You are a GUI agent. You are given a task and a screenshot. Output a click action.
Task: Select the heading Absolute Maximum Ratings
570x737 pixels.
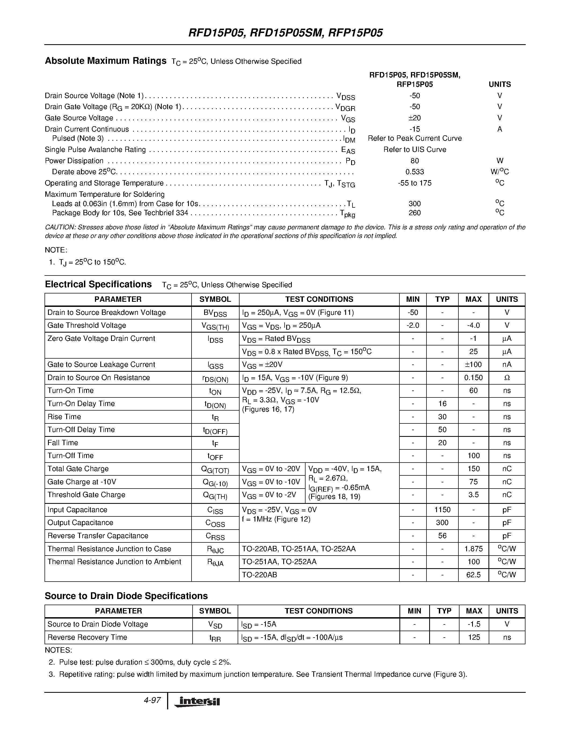[x=105, y=61]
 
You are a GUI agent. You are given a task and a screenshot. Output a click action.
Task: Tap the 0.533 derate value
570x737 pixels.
[x=414, y=172]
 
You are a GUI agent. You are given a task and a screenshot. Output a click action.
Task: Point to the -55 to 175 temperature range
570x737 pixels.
[x=414, y=183]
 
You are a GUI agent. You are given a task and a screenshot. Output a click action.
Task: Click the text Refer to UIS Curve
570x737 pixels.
[x=414, y=150]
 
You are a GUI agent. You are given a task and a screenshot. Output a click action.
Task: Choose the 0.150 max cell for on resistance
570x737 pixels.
[x=473, y=378]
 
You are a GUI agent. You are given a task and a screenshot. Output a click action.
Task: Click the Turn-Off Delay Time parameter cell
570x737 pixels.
[x=81, y=430]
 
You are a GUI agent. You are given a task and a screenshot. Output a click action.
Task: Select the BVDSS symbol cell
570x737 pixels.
[x=215, y=313]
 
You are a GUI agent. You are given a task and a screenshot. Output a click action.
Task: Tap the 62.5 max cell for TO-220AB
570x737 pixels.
[x=473, y=575]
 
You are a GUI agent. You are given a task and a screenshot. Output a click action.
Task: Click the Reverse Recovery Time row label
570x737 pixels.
[x=87, y=637]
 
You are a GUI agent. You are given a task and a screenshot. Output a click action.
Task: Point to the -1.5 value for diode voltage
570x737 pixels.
[x=474, y=624]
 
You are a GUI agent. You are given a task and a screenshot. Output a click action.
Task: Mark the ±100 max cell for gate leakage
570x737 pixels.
[x=473, y=364]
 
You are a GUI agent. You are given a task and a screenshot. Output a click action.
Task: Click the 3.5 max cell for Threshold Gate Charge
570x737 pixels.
[x=473, y=495]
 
